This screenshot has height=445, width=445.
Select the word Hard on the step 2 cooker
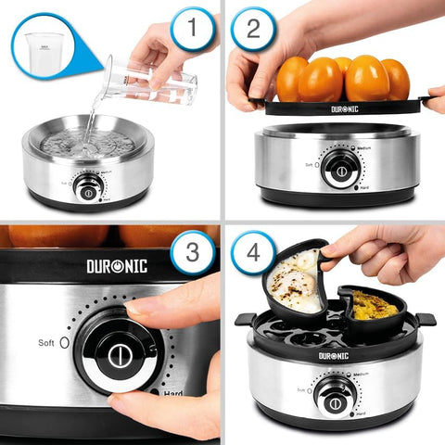point(364,187)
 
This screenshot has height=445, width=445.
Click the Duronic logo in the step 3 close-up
point(118,266)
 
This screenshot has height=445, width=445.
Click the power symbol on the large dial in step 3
point(118,356)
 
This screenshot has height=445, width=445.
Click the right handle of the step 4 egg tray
point(426,318)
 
